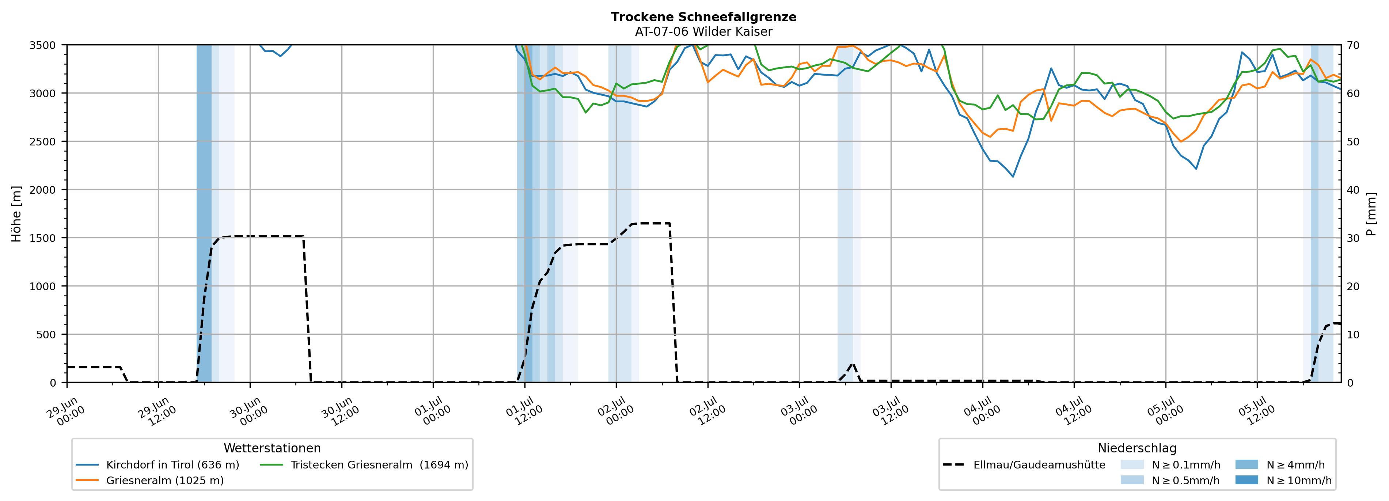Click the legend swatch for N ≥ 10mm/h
pos(1246,480)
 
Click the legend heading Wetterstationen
pos(272,448)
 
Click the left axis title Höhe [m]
pos(17,213)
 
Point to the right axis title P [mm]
pos(1372,213)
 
